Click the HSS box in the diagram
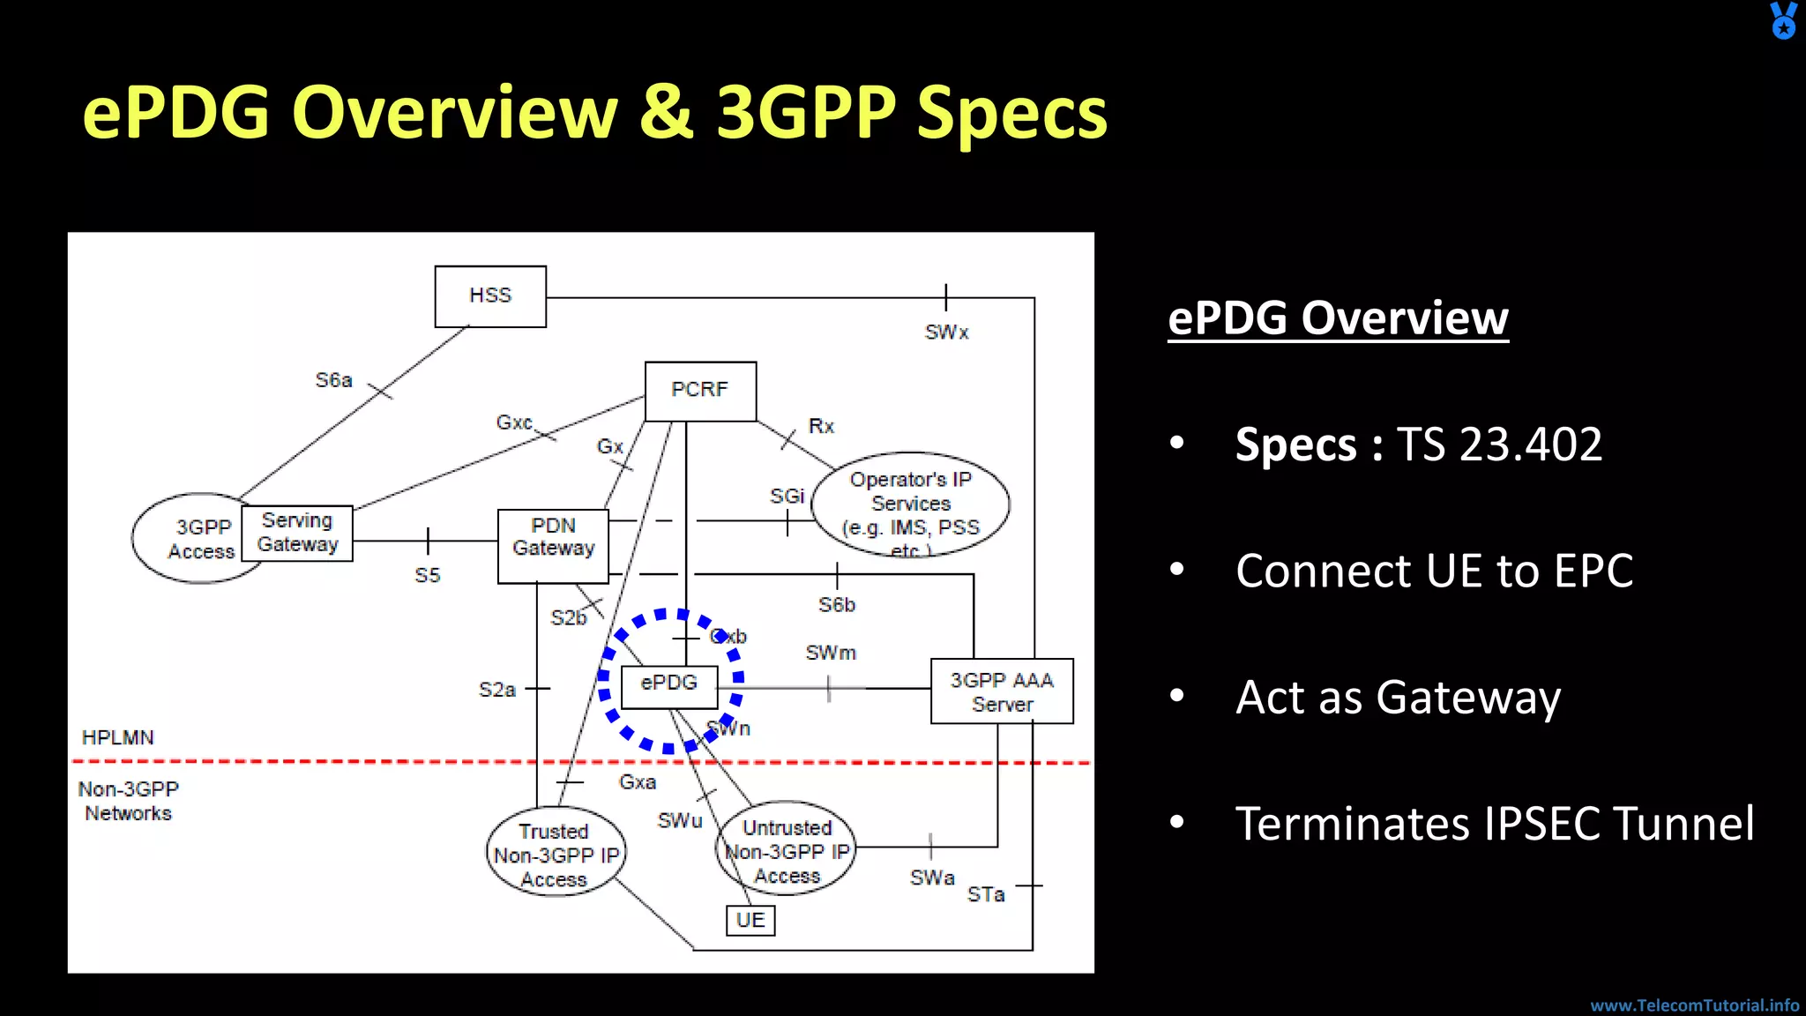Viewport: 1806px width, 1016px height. tap(490, 296)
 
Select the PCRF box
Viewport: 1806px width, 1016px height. tap(700, 391)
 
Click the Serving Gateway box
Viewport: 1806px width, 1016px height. tap(297, 533)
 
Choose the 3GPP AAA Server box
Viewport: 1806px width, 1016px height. tap(1002, 691)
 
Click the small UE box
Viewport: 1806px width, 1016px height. tap(750, 920)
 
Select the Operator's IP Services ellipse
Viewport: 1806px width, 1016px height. tap(911, 504)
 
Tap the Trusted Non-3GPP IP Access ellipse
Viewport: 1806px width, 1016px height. tap(555, 853)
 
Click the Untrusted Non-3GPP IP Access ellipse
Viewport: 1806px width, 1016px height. tap(787, 849)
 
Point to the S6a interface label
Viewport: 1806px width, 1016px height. tap(334, 380)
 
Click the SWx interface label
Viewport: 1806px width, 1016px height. tap(946, 332)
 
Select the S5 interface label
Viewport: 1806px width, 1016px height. tap(428, 576)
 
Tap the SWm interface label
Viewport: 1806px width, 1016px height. tap(831, 654)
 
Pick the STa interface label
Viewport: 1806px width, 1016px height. tap(986, 894)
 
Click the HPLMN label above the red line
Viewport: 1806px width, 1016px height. tap(117, 737)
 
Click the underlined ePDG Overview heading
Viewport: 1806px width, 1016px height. tap(1338, 317)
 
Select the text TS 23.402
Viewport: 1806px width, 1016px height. tap(1500, 444)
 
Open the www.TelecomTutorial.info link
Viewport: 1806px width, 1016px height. tap(1694, 1005)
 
